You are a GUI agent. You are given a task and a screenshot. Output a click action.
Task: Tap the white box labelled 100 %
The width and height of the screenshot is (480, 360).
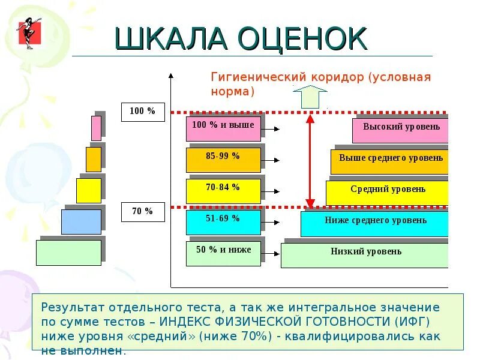click(143, 112)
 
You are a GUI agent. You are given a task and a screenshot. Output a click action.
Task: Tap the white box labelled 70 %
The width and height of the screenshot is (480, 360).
click(143, 212)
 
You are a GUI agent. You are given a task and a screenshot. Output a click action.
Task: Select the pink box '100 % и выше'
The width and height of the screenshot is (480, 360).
click(223, 129)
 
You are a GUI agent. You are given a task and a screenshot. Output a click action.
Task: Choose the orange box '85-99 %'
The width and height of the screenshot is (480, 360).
click(223, 160)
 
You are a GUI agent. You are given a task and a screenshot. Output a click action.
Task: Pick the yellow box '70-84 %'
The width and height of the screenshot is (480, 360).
click(223, 191)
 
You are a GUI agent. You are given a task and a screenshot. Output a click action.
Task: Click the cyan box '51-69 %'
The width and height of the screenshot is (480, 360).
click(223, 222)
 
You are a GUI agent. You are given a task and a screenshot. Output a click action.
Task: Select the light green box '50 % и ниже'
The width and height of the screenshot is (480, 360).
click(223, 253)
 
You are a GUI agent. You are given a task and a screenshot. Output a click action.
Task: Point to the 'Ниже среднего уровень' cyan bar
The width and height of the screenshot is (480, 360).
click(375, 224)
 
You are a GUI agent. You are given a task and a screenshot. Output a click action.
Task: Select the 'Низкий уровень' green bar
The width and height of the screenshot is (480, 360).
click(365, 255)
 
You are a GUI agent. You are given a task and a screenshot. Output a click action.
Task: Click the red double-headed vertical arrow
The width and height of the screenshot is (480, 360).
click(310, 160)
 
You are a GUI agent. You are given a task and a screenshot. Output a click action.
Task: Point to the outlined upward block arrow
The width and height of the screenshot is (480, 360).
click(310, 96)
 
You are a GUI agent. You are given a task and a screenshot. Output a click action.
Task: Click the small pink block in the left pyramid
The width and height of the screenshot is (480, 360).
click(96, 128)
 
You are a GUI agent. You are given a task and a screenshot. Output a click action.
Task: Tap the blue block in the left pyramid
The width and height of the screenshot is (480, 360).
click(81, 221)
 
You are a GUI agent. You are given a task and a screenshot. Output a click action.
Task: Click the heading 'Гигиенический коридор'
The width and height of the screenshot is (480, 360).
click(287, 77)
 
